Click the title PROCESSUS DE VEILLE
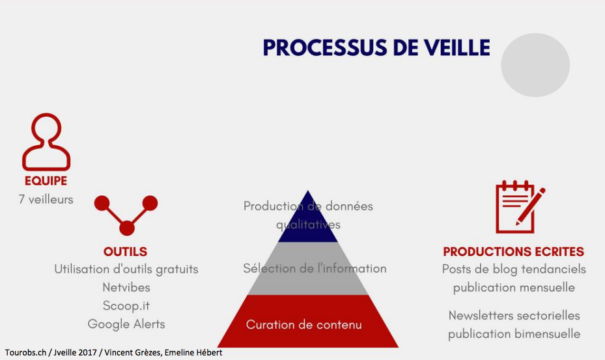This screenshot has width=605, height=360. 376,48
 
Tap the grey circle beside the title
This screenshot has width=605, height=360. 535,65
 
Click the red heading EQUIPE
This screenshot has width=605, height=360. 46,180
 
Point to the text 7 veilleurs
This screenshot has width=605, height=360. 46,199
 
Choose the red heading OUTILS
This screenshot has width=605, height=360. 126,251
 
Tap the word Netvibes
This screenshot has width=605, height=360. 126,288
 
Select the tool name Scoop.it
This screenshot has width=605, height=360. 126,305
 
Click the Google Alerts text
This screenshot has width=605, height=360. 126,324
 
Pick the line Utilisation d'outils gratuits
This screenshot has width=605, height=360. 126,269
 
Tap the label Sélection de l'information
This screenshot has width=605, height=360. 315,269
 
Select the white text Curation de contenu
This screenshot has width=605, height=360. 304,324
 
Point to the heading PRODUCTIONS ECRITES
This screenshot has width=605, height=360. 514,251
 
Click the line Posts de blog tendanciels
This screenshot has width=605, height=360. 514,269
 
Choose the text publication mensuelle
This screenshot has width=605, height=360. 514,288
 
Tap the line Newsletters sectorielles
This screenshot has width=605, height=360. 514,316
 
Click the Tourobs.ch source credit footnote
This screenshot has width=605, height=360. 113,353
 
